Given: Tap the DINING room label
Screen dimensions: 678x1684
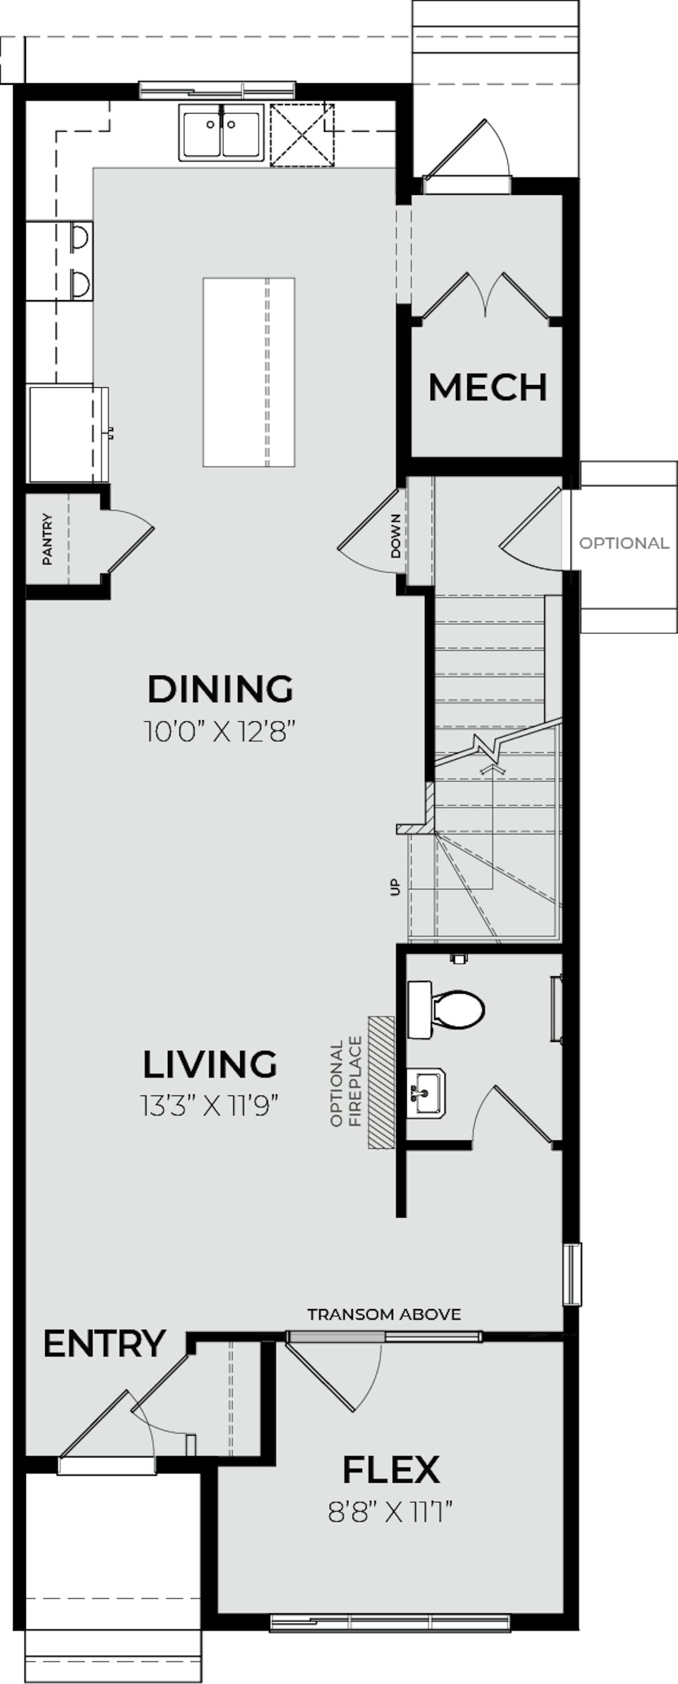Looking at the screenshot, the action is click(220, 689).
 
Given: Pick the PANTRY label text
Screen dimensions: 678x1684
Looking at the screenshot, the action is click(47, 539).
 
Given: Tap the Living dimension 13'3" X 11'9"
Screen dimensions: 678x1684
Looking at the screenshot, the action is click(210, 1106).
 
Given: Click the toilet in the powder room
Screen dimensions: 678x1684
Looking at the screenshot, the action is click(445, 1010).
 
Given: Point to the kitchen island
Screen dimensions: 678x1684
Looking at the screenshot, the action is click(249, 372).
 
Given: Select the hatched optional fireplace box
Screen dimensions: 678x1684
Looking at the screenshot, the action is click(381, 1083).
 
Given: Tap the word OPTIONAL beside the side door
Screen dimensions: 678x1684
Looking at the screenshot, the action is click(624, 543).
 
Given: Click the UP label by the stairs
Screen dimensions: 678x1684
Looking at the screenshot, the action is click(394, 887).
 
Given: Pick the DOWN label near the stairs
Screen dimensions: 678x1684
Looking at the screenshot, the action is click(396, 535).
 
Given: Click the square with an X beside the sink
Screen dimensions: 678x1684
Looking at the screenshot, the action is click(302, 134).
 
